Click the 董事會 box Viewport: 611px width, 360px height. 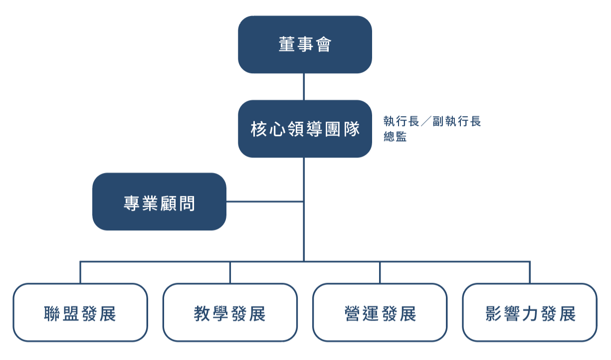point(305,44)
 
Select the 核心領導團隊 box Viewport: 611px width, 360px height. point(305,129)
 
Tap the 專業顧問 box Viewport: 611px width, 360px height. point(159,201)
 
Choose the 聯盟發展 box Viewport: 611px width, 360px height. point(80,313)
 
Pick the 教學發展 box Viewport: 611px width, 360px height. point(230,313)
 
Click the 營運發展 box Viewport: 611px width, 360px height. point(380,313)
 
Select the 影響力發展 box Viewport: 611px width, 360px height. point(530,313)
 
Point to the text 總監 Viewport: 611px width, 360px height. point(395,136)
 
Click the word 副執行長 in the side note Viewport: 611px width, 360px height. point(457,121)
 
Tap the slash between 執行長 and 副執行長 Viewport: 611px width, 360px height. point(426,121)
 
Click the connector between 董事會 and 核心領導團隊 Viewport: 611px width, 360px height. point(304,87)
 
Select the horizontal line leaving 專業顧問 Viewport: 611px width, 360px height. point(265,202)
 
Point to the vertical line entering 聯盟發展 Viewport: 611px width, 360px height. point(80,272)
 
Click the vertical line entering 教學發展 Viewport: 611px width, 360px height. point(230,272)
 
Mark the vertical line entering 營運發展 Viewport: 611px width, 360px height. point(380,272)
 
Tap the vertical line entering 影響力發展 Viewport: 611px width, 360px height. point(530,272)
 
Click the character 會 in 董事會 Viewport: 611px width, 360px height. point(324,44)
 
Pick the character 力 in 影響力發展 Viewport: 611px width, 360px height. point(531,314)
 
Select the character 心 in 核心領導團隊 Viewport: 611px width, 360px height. point(278,129)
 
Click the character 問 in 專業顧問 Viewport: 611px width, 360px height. point(187,203)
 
